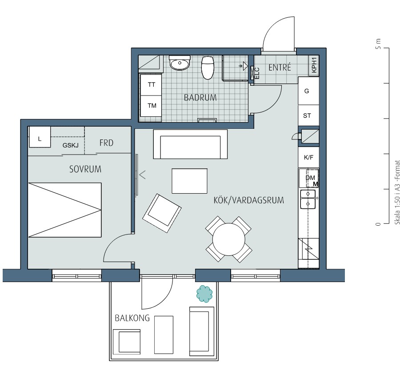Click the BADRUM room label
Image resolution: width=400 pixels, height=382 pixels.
(x=200, y=97)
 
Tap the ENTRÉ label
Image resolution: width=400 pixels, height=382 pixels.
(x=280, y=68)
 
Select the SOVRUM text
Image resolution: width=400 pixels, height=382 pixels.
(x=85, y=169)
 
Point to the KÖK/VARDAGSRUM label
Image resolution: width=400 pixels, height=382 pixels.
(x=249, y=200)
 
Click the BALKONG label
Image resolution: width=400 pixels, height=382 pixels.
(x=132, y=318)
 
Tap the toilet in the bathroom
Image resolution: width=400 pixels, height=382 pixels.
(x=208, y=68)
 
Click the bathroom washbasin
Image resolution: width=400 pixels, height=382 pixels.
(x=180, y=63)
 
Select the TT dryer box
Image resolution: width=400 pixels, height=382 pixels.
(x=151, y=85)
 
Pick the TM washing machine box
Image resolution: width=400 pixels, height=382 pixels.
(x=151, y=106)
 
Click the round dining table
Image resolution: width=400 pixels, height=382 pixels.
(x=229, y=239)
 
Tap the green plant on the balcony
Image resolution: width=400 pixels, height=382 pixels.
(x=204, y=294)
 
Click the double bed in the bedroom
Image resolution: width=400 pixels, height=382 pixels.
(x=65, y=210)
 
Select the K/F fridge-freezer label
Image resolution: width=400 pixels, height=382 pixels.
(x=308, y=157)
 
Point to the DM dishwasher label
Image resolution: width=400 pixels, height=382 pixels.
(x=310, y=178)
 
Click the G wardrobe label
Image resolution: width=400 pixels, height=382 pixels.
(x=307, y=91)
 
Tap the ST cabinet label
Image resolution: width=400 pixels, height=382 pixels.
(x=307, y=115)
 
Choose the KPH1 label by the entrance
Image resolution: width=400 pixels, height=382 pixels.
(x=314, y=65)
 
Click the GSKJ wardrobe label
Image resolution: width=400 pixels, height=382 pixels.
(x=70, y=145)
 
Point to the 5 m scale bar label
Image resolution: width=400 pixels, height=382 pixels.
(x=378, y=44)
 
